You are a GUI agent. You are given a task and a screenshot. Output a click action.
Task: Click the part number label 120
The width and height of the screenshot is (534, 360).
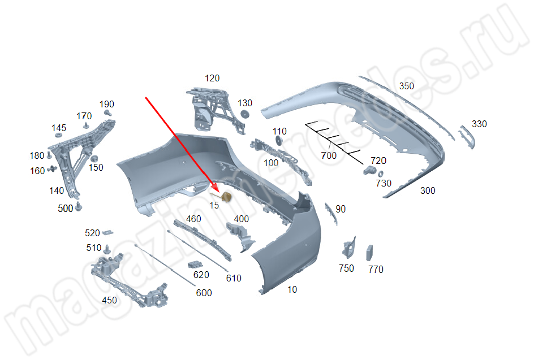pos(212,78)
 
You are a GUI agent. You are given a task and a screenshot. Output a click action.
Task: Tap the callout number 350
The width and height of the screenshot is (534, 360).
pos(406,86)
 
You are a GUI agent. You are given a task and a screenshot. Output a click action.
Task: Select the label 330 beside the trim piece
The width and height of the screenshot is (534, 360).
pos(479,124)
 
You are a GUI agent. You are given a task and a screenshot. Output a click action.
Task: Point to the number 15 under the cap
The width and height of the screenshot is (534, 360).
pos(214,205)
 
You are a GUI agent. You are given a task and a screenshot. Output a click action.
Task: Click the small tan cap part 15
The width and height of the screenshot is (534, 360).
pos(226,196)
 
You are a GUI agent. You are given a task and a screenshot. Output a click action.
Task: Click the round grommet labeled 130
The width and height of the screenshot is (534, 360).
pos(244,114)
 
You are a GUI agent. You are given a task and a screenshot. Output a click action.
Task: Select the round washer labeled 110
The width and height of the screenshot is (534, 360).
pos(278,140)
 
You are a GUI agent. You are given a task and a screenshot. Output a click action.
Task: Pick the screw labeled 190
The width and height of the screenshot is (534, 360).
pos(108,112)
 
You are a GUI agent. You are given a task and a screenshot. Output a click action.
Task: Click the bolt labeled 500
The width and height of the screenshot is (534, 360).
pos(79,206)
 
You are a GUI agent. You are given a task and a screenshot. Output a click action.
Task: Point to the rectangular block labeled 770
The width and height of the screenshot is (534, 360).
pos(369,253)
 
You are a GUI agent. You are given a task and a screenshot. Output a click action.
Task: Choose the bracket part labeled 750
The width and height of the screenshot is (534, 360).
pos(349,248)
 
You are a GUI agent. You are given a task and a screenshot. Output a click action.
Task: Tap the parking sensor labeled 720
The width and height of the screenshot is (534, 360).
pos(369,170)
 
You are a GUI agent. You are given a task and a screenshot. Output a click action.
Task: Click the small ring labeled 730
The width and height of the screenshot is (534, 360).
pos(380,174)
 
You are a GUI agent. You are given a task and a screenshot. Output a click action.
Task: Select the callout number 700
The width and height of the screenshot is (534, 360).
pos(329,155)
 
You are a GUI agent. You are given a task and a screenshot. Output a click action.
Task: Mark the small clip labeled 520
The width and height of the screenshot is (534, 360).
pos(108,232)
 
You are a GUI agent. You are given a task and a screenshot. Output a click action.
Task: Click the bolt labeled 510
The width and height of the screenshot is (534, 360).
pos(107,250)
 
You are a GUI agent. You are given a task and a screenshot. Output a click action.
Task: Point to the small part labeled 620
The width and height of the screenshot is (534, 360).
pos(195,264)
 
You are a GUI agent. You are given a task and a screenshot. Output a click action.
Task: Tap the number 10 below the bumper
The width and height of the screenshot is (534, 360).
pos(292,289)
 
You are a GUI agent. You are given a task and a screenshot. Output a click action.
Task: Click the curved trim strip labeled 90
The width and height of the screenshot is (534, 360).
pos(331,214)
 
